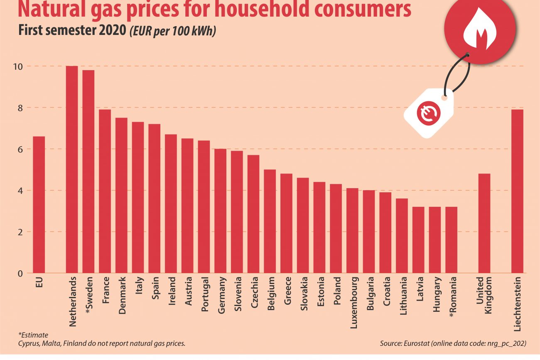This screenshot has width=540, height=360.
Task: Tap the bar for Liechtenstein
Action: coord(517,191)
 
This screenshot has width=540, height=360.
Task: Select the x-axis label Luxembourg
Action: coord(353,303)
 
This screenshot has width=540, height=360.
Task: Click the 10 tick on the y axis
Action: coord(20,66)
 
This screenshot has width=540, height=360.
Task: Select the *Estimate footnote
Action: coord(33,335)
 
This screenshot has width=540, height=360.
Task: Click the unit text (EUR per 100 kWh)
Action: coord(172,32)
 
